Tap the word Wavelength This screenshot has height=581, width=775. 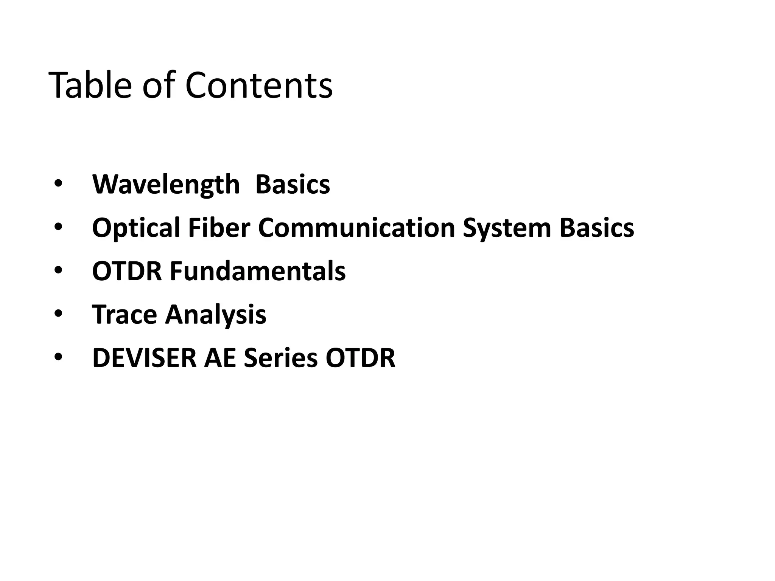point(166,185)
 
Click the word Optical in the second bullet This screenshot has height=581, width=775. point(136,228)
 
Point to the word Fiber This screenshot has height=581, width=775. point(219,228)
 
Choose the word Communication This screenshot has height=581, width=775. point(356,228)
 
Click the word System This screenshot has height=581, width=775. point(507,228)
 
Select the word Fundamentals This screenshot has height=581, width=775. point(257,271)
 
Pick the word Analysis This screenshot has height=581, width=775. point(216,314)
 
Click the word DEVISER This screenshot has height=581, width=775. point(144,358)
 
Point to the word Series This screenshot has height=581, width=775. point(280,358)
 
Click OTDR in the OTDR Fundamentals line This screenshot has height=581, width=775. point(127,271)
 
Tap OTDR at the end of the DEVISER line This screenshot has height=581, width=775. point(360,358)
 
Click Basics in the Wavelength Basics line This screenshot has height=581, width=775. point(293,185)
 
